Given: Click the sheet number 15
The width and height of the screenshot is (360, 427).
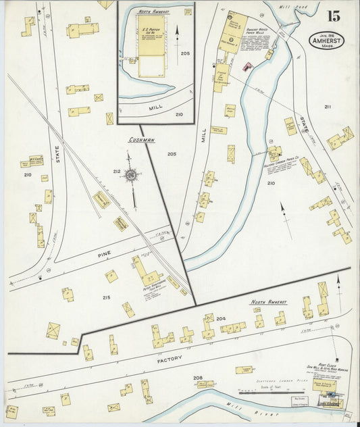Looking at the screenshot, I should [334, 17].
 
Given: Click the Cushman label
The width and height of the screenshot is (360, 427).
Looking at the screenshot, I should [143, 141].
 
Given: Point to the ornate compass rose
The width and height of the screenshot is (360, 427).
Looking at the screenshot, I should [133, 175].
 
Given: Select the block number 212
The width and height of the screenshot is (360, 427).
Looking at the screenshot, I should [116, 172].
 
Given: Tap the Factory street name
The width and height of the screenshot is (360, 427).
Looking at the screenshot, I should [170, 359].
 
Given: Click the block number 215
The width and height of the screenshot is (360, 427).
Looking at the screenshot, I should [106, 298].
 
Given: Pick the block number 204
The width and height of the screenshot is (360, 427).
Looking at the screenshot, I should [220, 318].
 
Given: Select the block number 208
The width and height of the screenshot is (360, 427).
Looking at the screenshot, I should [197, 377].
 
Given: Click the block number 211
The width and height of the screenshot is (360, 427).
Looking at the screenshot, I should [328, 107].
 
